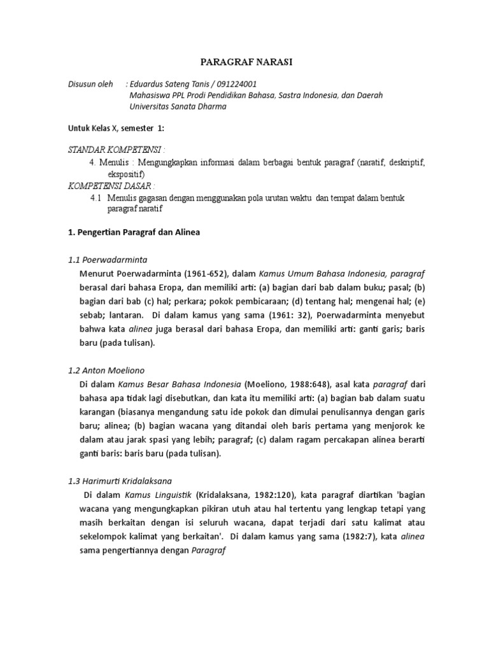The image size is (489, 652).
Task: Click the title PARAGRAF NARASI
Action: (x=244, y=62)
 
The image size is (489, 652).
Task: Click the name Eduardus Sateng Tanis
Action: (x=171, y=84)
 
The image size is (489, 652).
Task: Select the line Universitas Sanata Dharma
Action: (x=178, y=106)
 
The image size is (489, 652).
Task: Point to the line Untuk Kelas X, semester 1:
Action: (x=116, y=128)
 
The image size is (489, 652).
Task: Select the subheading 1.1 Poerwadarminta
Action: (x=108, y=260)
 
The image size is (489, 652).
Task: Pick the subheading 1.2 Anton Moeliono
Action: (x=106, y=370)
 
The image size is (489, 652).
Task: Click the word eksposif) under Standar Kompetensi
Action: (x=126, y=174)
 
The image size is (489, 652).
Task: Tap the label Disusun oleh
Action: (x=90, y=84)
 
